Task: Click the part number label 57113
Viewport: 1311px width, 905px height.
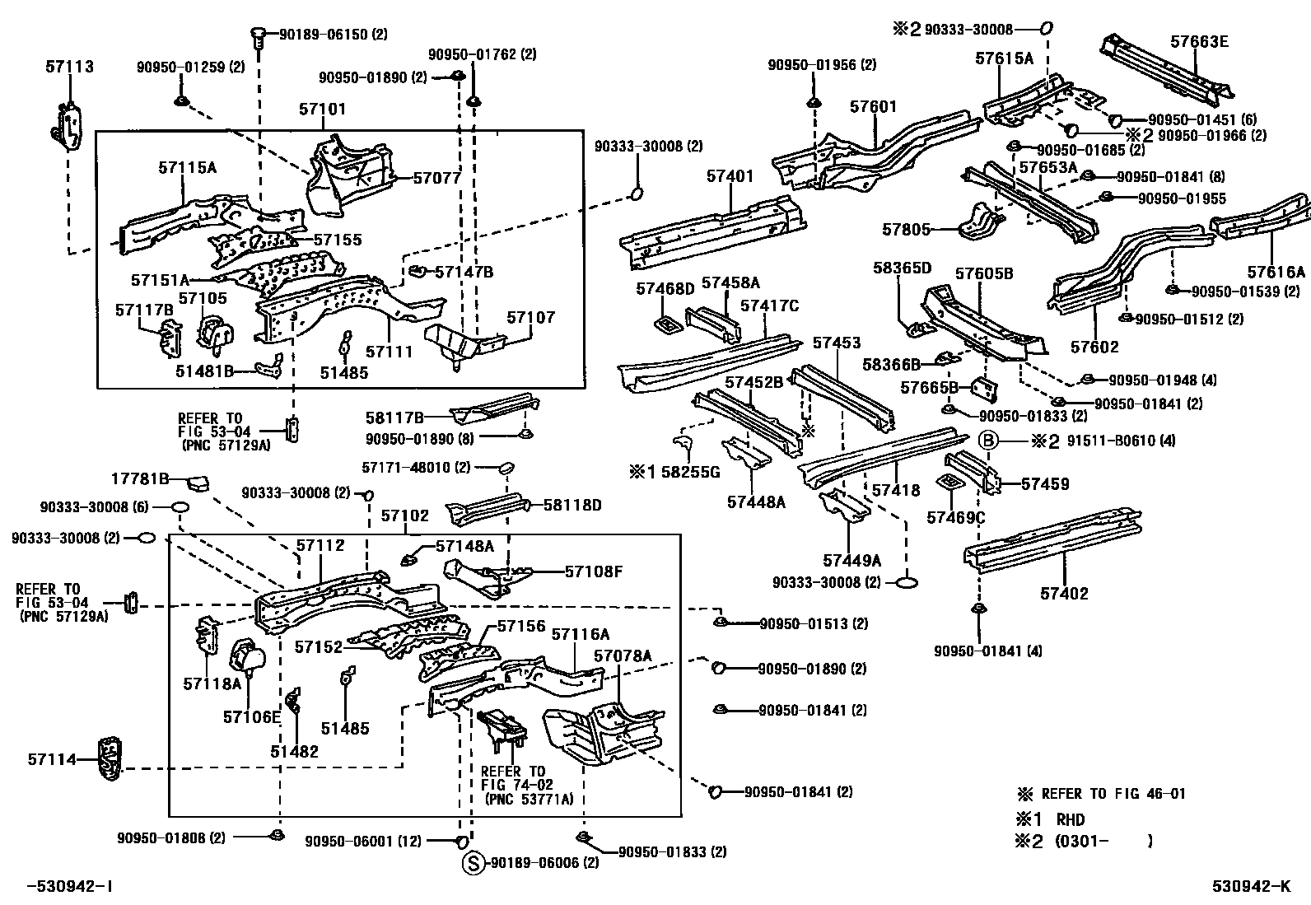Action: [69, 67]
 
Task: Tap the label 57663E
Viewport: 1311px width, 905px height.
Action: [1199, 42]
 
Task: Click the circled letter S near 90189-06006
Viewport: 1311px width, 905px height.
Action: [472, 863]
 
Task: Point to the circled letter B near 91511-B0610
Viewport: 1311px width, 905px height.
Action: [988, 441]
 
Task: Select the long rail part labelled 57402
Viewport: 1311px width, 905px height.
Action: [1054, 543]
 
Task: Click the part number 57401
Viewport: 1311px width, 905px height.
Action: [730, 176]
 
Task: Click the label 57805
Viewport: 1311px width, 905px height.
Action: [906, 230]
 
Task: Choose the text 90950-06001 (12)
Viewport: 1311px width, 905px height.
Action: [363, 841]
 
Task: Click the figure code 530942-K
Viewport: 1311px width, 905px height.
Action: [1250, 886]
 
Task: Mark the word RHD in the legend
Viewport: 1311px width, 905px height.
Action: [1071, 820]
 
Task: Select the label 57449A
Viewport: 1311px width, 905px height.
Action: [851, 561]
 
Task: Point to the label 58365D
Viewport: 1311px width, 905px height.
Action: [902, 268]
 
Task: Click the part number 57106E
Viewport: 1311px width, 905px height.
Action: [251, 717]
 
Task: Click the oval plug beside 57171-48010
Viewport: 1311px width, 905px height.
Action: [506, 469]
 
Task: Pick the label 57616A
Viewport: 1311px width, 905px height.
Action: [1276, 273]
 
